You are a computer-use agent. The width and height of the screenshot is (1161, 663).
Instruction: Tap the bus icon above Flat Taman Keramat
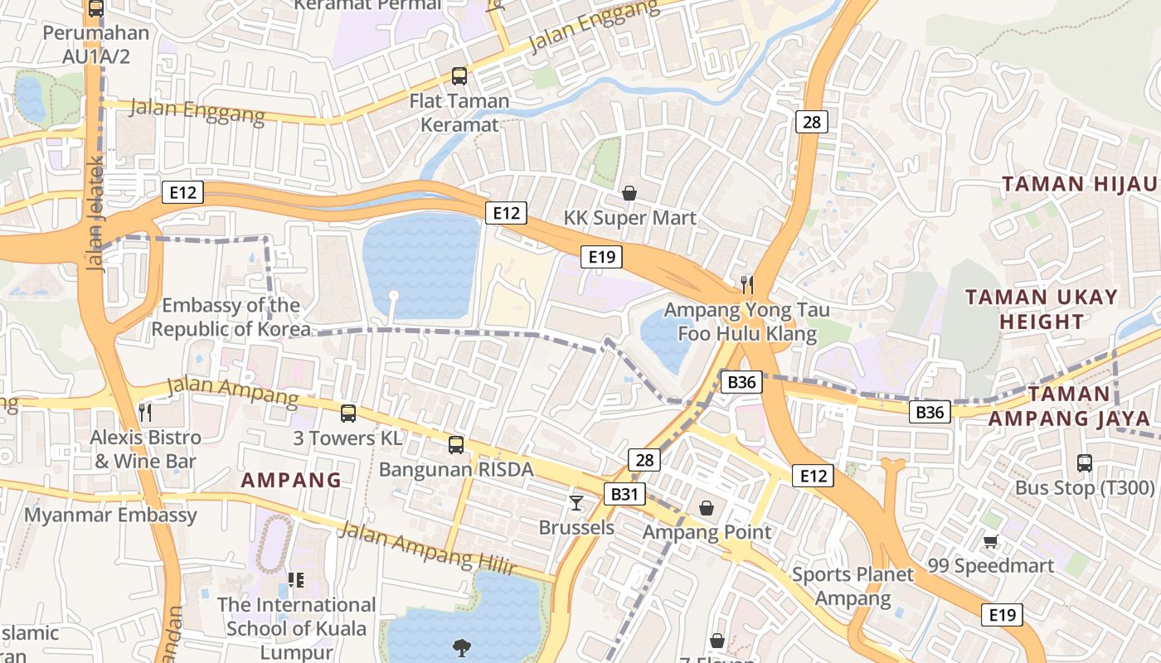459,76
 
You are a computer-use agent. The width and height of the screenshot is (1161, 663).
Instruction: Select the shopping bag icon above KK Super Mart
629,193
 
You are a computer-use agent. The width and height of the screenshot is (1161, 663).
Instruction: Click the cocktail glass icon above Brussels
576,502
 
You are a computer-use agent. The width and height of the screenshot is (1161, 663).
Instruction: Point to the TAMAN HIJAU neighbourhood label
1079,184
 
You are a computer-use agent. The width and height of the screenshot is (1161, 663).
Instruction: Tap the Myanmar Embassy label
110,515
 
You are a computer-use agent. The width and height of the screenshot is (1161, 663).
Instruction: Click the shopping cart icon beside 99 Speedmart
990,542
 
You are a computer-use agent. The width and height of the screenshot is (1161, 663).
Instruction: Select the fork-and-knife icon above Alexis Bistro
146,412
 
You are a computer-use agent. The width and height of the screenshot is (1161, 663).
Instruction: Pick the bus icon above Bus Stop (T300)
1084,463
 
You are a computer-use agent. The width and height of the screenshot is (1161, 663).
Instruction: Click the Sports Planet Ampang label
853,586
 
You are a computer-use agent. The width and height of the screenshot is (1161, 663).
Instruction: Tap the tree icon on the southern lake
461,647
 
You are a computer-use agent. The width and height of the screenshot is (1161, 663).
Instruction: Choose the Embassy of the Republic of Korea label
231,317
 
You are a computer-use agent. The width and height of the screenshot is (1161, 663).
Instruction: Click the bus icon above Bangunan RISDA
456,445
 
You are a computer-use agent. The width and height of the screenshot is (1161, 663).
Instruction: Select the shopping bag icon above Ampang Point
707,507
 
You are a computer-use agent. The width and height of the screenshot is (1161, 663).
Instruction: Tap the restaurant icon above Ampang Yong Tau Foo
747,285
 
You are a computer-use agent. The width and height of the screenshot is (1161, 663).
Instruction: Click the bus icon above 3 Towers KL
348,413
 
